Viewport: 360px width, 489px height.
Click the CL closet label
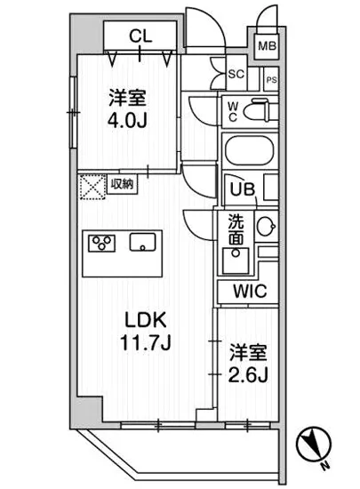[140, 36]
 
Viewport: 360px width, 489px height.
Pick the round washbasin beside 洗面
[265, 228]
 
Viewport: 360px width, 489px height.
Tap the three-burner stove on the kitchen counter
[100, 244]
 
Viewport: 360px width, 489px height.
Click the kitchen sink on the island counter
[142, 243]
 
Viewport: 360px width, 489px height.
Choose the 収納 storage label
[122, 184]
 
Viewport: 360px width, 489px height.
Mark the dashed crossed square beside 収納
[92, 187]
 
